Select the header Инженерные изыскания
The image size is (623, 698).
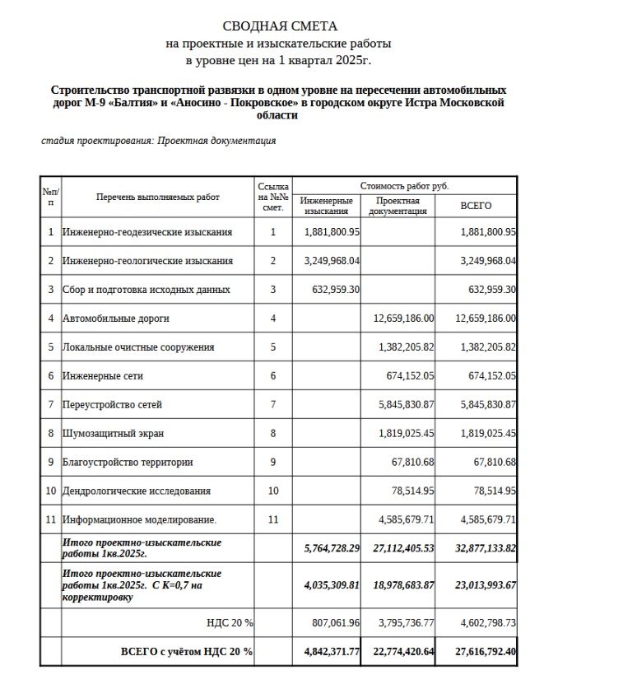(327, 206)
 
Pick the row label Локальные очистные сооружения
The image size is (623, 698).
(138, 347)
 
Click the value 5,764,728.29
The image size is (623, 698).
(328, 548)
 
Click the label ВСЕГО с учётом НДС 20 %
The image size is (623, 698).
(187, 652)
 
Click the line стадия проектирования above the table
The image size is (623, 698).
(159, 141)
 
